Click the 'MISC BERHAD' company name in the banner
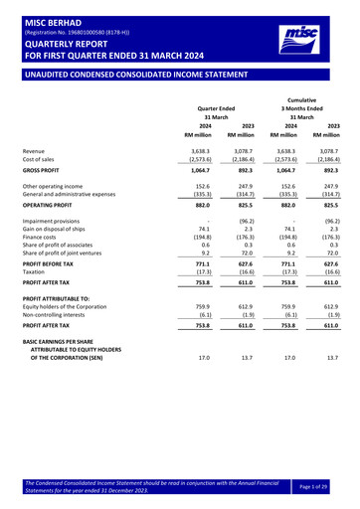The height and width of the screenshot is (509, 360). click(47, 8)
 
